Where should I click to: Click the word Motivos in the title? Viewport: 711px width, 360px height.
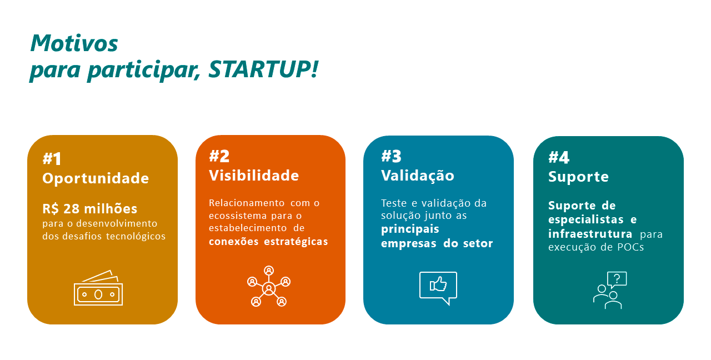[74, 43]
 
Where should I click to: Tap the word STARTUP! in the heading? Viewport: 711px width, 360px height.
[263, 69]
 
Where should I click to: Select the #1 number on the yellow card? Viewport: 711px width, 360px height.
[52, 158]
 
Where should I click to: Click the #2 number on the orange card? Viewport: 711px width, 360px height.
[219, 156]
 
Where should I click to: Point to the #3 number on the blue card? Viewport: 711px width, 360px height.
[391, 156]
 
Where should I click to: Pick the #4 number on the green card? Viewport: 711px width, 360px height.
[559, 157]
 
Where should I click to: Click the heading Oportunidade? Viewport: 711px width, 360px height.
[96, 179]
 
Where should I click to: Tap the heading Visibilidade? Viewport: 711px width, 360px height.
[254, 176]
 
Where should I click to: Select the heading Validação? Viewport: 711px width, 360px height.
[418, 176]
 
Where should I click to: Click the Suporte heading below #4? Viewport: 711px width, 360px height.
[578, 177]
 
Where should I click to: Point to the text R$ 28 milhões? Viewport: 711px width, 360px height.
[90, 208]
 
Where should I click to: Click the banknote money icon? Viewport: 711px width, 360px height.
[98, 288]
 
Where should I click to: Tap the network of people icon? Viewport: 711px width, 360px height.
[269, 286]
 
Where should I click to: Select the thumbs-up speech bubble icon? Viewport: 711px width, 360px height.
[438, 288]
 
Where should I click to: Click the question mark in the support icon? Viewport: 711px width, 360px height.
[617, 279]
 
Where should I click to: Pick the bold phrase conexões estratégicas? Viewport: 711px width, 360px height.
[268, 242]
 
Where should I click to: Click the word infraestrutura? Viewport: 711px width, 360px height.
[590, 234]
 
